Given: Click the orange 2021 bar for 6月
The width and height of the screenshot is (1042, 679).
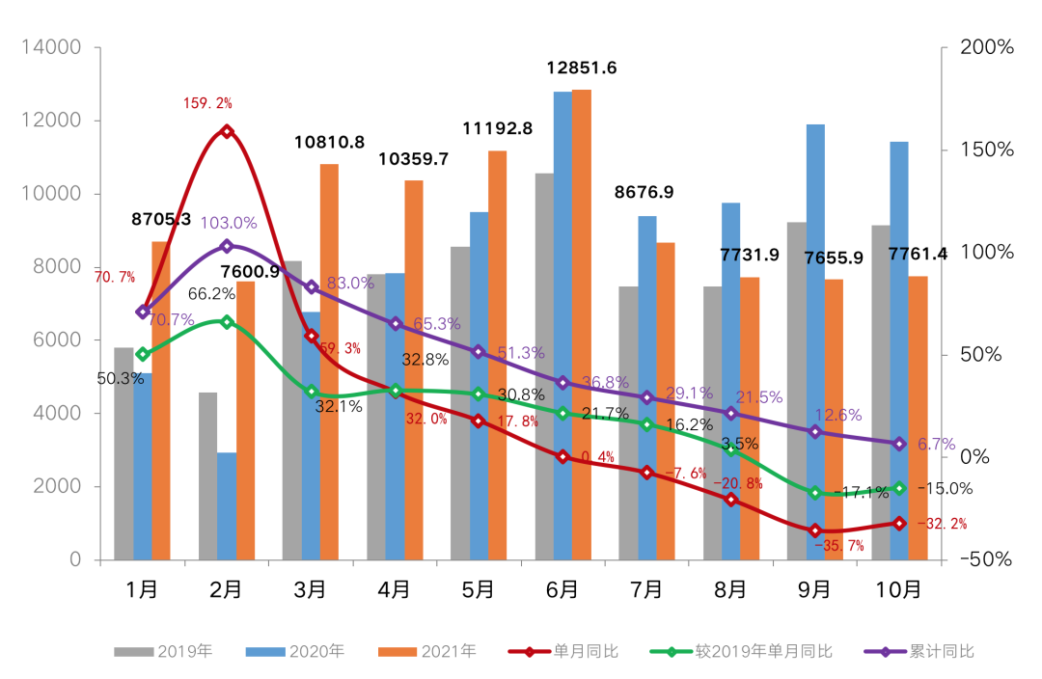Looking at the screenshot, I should [x=582, y=328].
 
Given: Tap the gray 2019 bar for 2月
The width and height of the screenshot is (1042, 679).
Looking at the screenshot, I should [x=207, y=477].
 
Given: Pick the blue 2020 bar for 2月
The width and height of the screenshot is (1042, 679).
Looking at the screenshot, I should [x=227, y=506].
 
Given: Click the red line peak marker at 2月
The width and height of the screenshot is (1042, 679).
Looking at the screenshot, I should [x=227, y=131].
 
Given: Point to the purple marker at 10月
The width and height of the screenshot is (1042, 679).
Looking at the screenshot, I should [x=899, y=444].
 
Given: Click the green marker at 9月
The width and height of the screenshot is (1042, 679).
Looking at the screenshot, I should [x=815, y=493].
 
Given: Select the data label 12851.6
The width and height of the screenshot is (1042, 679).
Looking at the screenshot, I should [x=582, y=68].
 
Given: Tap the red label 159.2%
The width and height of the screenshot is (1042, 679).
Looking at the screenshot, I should [x=207, y=102].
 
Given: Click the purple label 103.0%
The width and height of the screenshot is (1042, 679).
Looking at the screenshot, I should [x=229, y=223].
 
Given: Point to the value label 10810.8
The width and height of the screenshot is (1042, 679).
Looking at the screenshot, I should [x=329, y=143].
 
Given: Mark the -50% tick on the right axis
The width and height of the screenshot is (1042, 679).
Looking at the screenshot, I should [x=984, y=559].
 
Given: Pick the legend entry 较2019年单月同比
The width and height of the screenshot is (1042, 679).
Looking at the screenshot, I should [x=763, y=651].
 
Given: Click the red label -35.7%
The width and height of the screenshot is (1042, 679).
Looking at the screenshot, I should [x=839, y=546].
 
